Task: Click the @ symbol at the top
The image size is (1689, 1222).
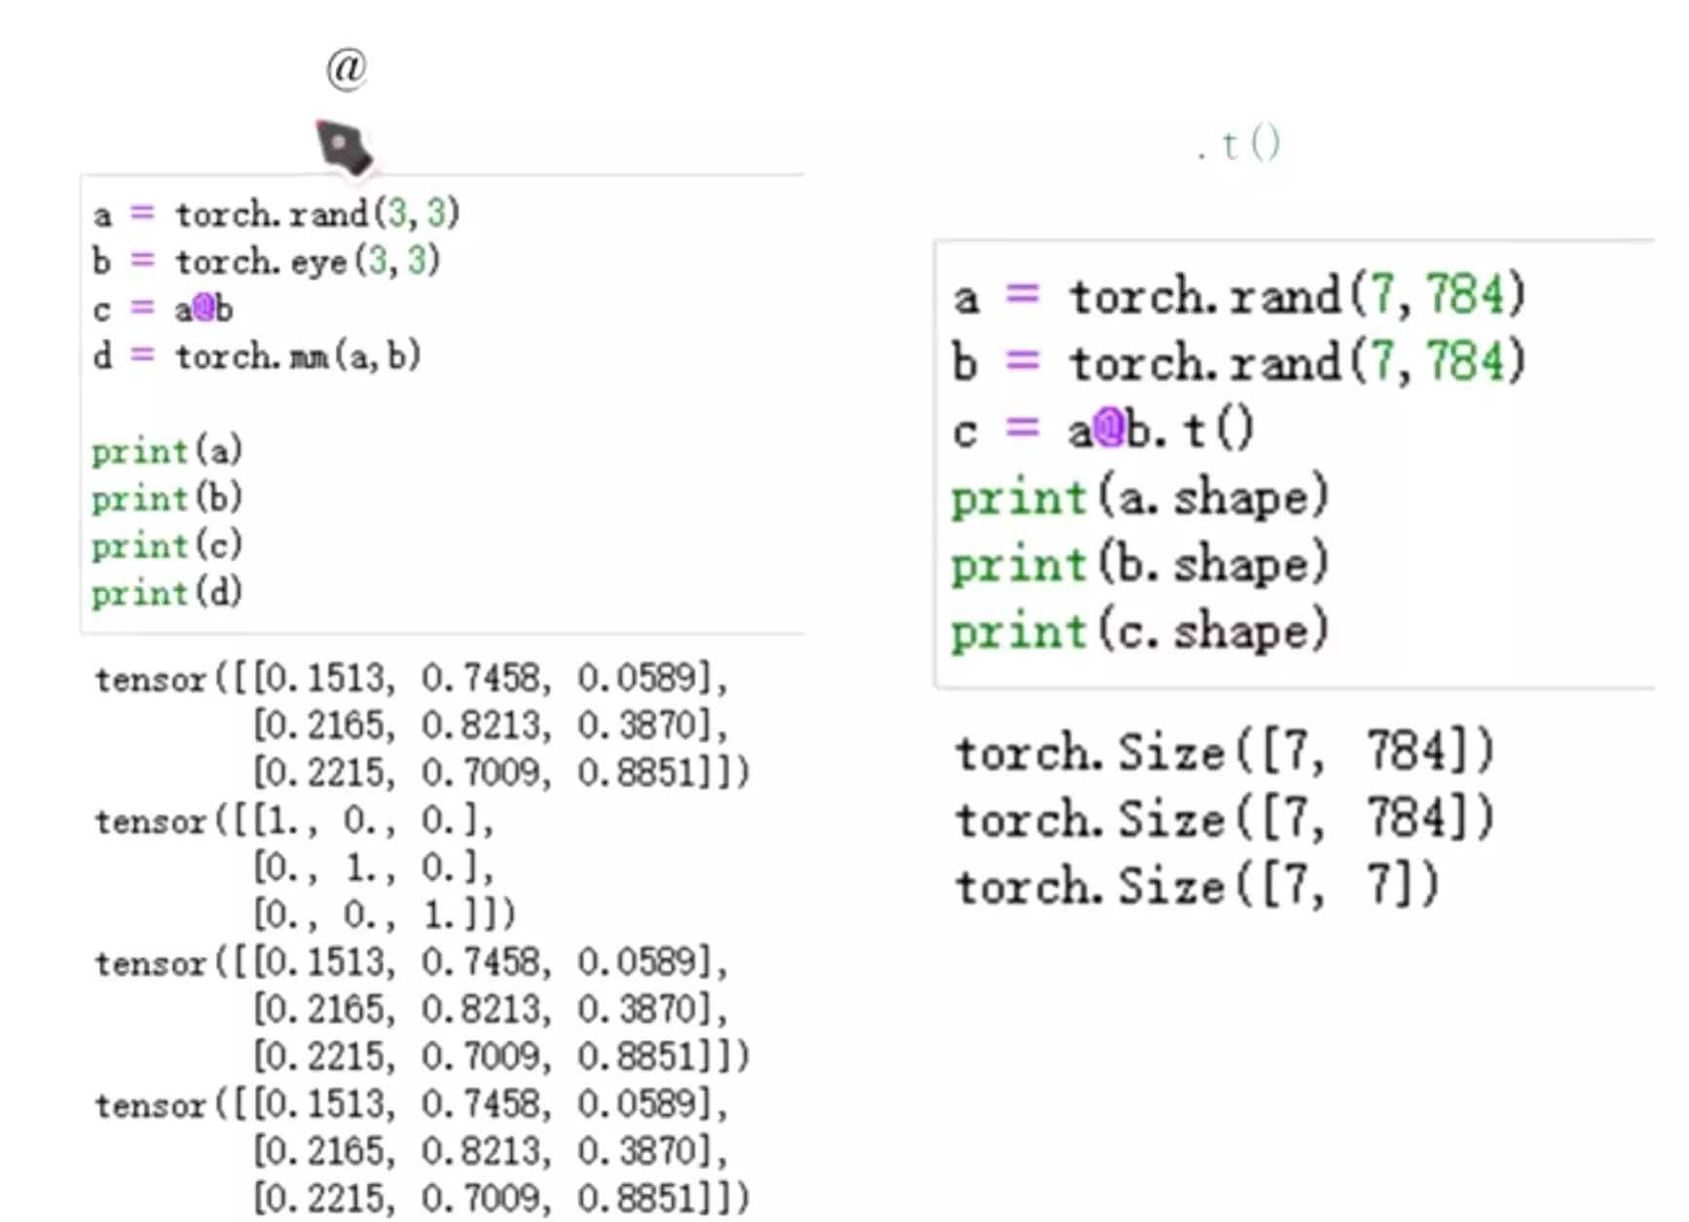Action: [347, 69]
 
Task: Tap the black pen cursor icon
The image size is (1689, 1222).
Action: [344, 147]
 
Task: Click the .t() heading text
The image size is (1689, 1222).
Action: [1239, 145]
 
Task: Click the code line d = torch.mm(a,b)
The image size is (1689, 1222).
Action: [257, 356]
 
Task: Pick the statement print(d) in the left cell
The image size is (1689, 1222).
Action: [166, 593]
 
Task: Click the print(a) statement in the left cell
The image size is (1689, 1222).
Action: [166, 451]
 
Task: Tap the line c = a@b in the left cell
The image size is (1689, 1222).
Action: [164, 309]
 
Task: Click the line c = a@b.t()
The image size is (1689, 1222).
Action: [1103, 429]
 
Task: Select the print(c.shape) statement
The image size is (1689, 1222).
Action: [1139, 631]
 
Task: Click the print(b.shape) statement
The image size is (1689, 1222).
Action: [1139, 564]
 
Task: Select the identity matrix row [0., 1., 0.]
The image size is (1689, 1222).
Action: [372, 868]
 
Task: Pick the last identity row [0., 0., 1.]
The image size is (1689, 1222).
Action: [382, 914]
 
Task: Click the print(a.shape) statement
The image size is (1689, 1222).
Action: [1139, 498]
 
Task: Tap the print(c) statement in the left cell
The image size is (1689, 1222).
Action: [166, 545]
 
